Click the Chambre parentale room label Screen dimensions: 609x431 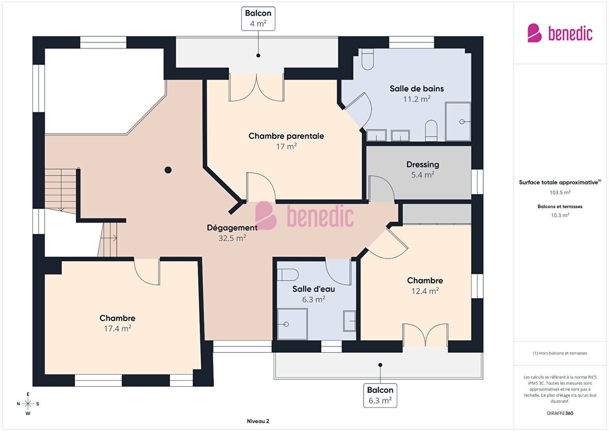pos(286,136)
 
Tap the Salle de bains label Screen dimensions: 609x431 pos(417,89)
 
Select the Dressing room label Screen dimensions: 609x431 pos(423,165)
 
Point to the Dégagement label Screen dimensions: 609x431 pos(232,228)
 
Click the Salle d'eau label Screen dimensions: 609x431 pos(313,289)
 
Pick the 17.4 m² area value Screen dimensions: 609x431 pos(117,328)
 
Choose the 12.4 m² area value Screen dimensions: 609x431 pos(425,291)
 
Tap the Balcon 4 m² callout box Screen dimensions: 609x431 pos(258,18)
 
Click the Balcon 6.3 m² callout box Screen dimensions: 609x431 pos(380,395)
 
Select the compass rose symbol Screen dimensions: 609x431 pos(28,404)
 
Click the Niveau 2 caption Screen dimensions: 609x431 pos(258,421)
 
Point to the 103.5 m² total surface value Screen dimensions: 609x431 pos(560,193)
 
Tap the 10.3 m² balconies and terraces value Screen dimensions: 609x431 pos(560,215)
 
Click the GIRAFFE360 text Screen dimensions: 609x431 pos(560,413)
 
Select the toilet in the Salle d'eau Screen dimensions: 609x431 pos(288,275)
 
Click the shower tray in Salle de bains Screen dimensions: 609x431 pos(458,121)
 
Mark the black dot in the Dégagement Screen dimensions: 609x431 pos(168,170)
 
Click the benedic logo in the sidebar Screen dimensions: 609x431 pos(560,33)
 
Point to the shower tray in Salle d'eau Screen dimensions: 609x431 pos(292,324)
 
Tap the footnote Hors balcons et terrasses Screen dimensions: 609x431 pos(560,353)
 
